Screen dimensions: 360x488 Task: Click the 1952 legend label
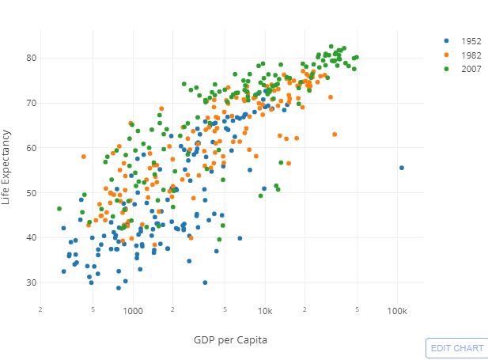point(471,40)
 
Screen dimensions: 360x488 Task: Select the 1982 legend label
point(471,55)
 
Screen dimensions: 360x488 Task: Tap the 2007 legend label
point(471,69)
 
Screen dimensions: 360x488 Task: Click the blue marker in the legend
point(447,40)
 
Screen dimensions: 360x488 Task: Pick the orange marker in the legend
point(447,55)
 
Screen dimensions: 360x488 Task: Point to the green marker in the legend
point(447,69)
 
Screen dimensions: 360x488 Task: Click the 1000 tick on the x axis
point(132,311)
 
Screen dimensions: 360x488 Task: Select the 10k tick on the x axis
point(265,311)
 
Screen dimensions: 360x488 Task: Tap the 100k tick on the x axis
point(397,311)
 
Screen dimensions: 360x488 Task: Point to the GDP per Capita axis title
point(229,339)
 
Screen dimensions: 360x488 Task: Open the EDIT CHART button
point(457,348)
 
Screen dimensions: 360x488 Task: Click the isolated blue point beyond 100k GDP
point(402,168)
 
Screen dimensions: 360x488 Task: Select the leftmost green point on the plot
point(59,209)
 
